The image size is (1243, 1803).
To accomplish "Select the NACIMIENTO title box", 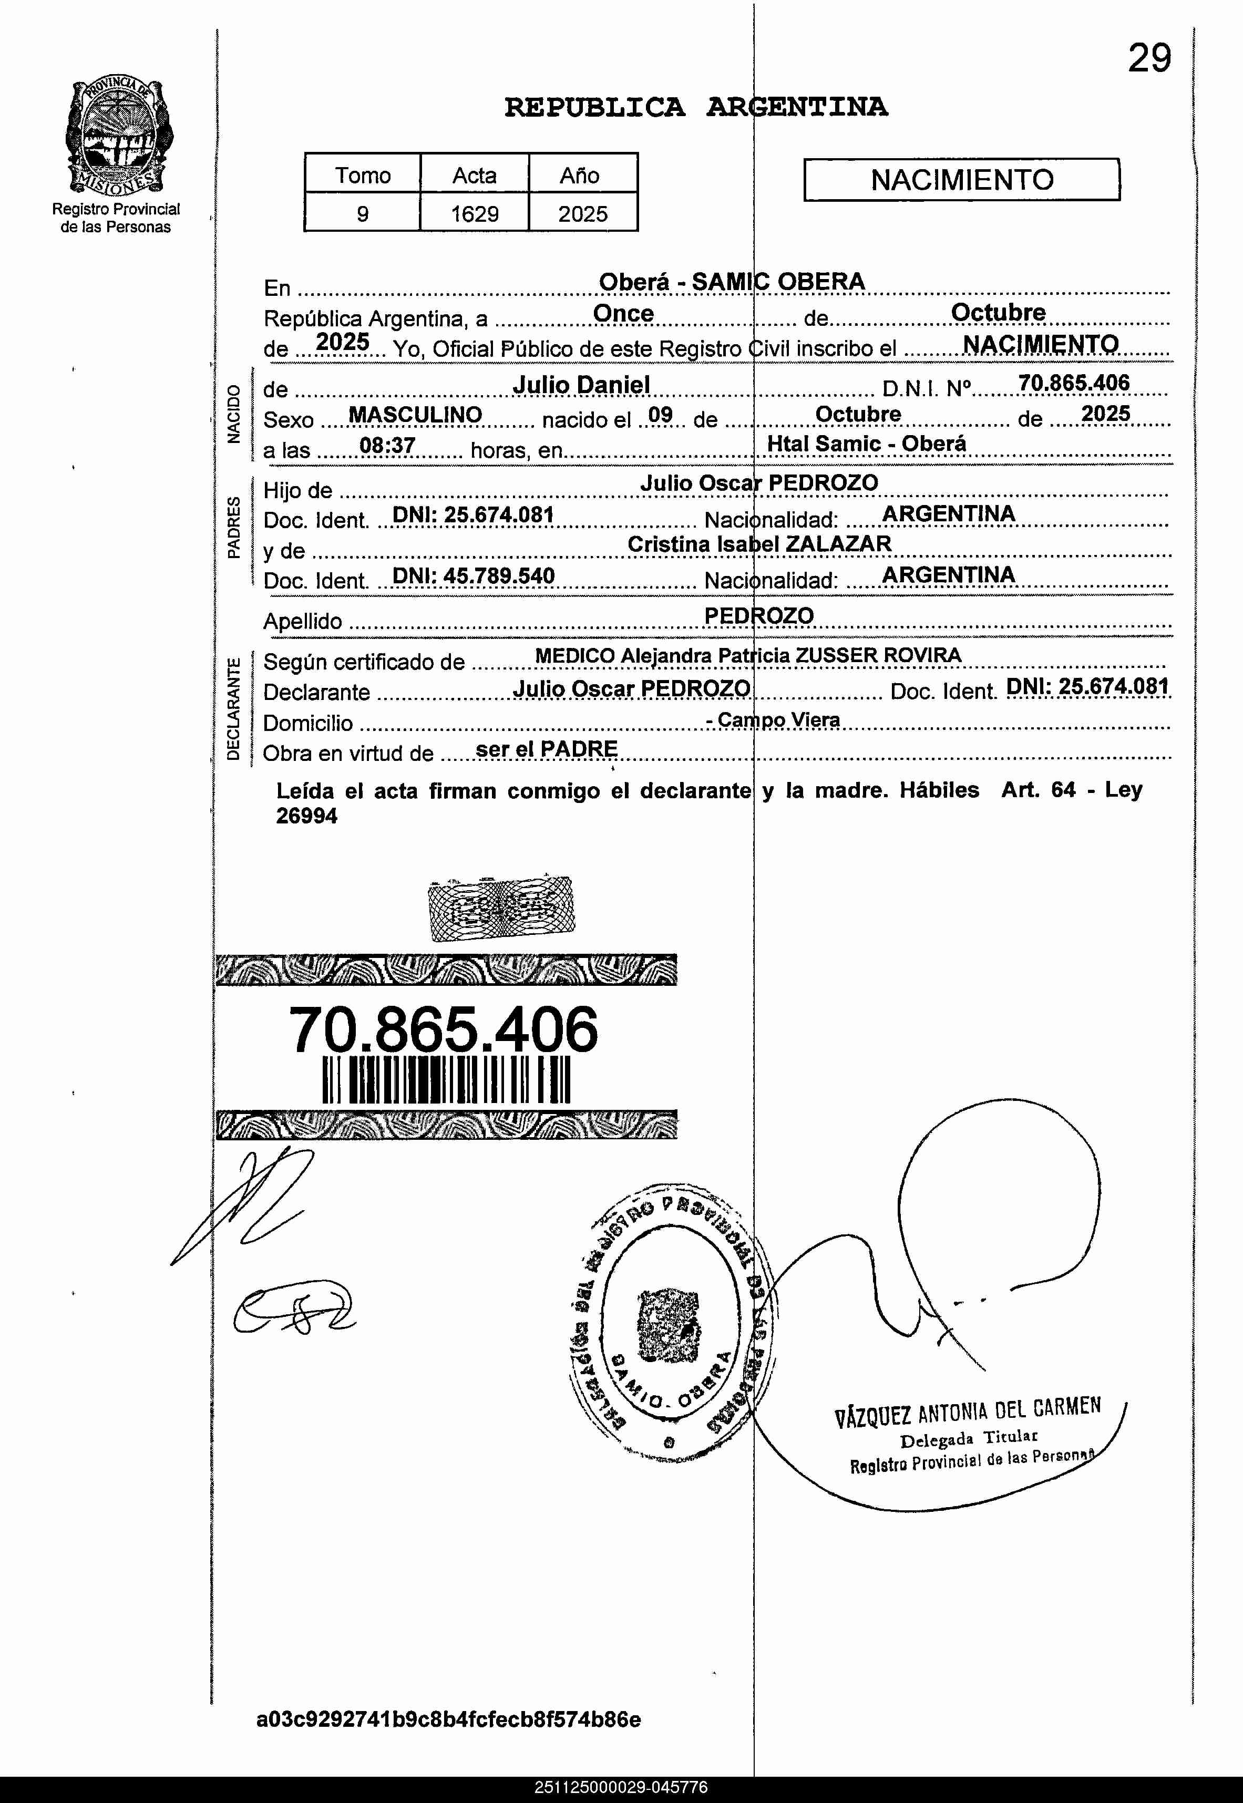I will coord(961,180).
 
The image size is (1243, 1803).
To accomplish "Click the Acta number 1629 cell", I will coord(474,213).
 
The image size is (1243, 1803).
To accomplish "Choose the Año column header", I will coord(579,175).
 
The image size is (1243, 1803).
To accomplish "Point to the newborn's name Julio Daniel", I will coord(581,385).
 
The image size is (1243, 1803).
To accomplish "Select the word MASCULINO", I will coord(415,415).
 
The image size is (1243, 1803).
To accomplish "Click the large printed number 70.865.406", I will coord(443,1029).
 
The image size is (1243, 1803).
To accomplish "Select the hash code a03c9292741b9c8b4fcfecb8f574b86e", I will coord(449,1719).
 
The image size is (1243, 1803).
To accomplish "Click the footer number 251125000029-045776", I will coord(621,1787).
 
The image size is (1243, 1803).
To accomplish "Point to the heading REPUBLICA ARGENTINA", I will coord(695,107).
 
